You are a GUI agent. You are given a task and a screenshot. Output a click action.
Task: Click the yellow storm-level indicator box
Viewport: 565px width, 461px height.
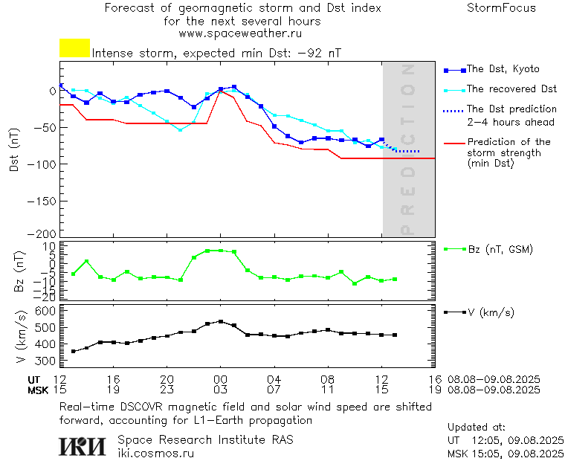pyautogui.click(x=74, y=48)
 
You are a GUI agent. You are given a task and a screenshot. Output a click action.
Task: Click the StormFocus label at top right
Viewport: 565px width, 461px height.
pyautogui.click(x=501, y=8)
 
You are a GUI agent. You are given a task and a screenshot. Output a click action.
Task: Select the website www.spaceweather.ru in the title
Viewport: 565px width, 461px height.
pyautogui.click(x=239, y=33)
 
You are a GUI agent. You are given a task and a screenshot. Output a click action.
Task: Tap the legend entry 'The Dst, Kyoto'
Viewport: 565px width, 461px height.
pyautogui.click(x=503, y=69)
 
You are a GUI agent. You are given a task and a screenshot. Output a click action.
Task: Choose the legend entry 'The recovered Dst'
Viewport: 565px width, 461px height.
pyautogui.click(x=511, y=89)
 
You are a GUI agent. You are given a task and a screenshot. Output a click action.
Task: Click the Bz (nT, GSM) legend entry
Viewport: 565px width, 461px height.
pyautogui.click(x=500, y=249)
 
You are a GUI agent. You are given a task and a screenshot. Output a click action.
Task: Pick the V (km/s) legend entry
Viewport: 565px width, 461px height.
pyautogui.click(x=491, y=312)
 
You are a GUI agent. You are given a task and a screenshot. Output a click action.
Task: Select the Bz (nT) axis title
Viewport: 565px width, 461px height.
pyautogui.click(x=20, y=271)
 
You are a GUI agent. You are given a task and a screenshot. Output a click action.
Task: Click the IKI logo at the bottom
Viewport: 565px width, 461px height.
pyautogui.click(x=83, y=445)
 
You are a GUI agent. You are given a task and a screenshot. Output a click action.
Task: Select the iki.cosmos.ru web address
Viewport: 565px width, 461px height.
pyautogui.click(x=156, y=452)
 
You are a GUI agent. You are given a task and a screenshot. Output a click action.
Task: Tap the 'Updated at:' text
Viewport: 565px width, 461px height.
pyautogui.click(x=477, y=428)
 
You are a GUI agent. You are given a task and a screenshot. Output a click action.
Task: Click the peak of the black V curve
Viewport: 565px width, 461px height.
pyautogui.click(x=221, y=321)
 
